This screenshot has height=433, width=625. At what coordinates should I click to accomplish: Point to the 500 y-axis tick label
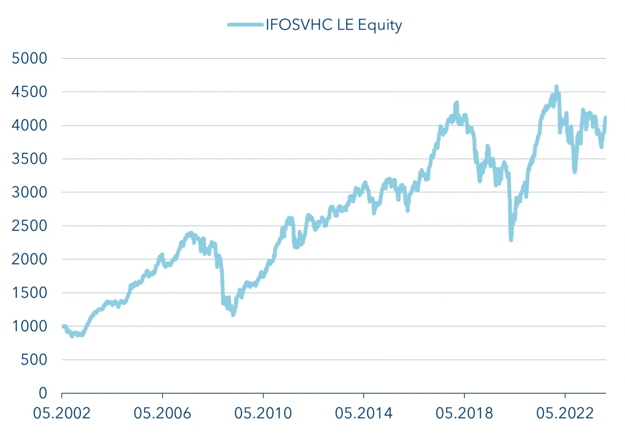click(34, 359)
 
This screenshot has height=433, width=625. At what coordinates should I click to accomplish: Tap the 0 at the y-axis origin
click(43, 393)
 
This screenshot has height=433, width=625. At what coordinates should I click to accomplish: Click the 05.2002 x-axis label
click(62, 413)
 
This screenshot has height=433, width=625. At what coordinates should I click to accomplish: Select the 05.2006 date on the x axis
click(162, 413)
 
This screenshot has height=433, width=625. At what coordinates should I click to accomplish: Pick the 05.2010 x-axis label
click(263, 413)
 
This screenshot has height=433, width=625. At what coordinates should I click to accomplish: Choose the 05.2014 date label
click(364, 413)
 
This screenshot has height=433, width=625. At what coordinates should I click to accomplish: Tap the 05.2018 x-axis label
click(464, 413)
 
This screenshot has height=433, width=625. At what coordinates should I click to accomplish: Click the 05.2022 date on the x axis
click(565, 413)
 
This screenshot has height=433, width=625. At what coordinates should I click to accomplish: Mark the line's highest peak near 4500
click(556, 87)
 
